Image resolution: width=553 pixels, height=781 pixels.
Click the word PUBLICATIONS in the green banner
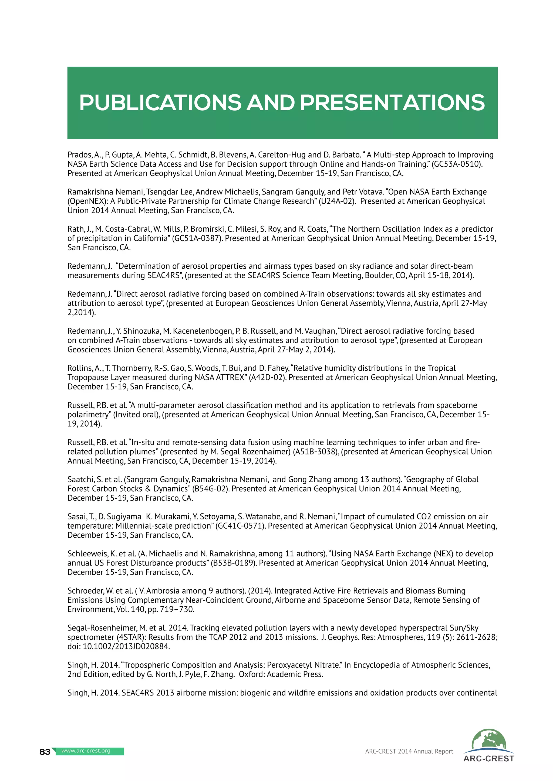(160, 103)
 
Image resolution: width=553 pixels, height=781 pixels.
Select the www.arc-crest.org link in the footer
(86, 751)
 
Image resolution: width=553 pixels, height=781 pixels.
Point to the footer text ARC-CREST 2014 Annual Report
(409, 751)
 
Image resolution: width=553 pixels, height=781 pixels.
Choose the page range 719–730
(177, 609)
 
